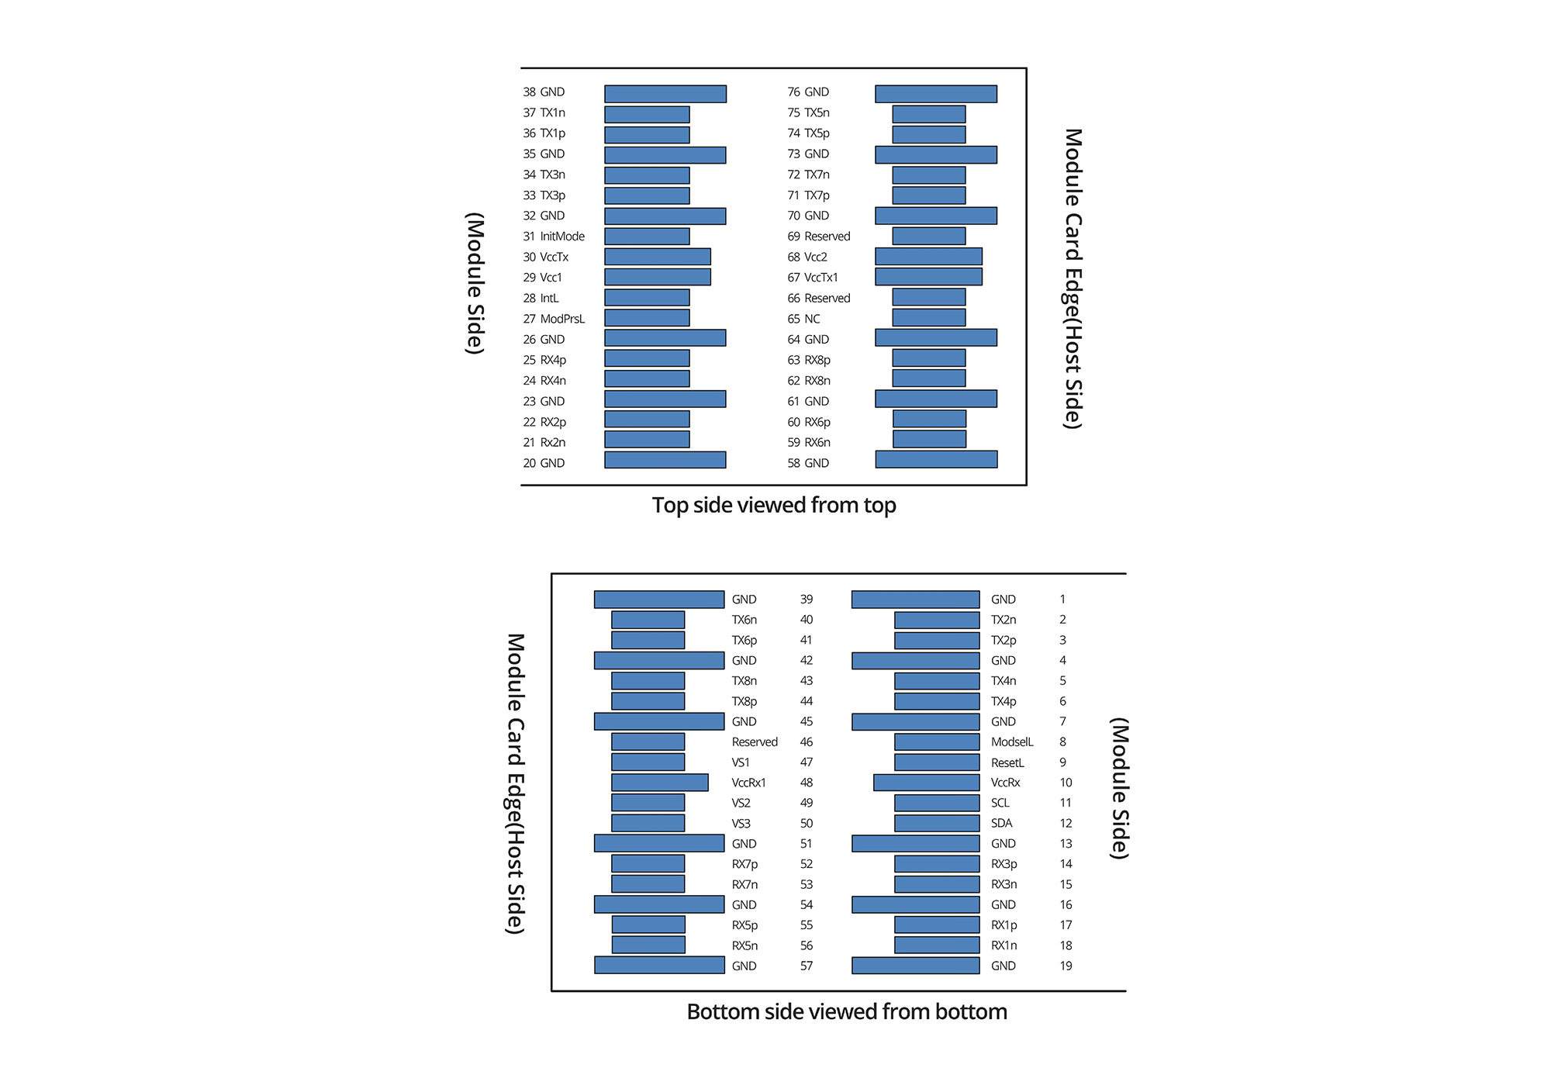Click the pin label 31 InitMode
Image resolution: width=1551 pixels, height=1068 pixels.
tap(554, 237)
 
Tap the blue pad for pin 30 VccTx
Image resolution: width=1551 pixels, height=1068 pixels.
tap(657, 257)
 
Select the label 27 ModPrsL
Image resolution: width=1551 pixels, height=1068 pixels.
tap(554, 319)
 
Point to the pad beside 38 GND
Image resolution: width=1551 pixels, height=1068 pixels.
tap(665, 94)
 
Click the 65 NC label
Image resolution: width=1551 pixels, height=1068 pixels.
tap(803, 319)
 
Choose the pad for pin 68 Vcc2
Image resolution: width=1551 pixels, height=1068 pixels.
tap(928, 257)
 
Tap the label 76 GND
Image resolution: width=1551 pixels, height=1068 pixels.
tap(808, 92)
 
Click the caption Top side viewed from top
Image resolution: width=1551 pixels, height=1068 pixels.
tap(774, 505)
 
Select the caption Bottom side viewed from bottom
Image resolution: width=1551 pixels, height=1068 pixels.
tap(847, 1011)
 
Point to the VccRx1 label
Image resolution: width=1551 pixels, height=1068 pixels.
tap(748, 783)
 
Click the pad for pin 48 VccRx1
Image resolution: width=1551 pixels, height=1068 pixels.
tap(659, 783)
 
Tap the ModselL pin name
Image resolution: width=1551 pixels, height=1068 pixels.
tap(1012, 742)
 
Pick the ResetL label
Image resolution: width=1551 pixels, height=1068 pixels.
tap(1007, 762)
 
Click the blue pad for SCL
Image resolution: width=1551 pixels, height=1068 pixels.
tap(937, 803)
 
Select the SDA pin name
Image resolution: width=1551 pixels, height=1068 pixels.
tap(1001, 823)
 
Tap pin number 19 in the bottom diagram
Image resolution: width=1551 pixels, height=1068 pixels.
tap(1066, 966)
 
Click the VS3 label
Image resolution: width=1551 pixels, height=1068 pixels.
tap(741, 823)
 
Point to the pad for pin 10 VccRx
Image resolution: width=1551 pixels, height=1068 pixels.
tap(926, 783)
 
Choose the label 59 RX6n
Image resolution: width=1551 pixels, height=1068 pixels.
tap(809, 443)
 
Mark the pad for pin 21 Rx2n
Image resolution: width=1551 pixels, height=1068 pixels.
tap(647, 440)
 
